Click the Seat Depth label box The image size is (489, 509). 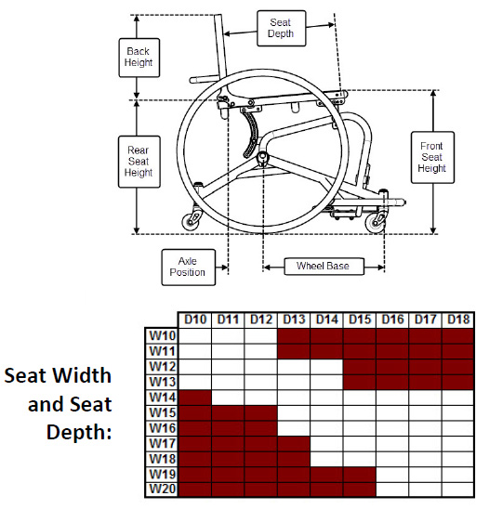coord(281,28)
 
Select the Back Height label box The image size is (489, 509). coord(138,57)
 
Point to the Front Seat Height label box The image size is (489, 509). coord(430,156)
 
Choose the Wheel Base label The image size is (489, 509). coord(323,267)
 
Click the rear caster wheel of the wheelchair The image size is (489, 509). coord(193,221)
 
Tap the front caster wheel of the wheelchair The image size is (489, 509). coord(377,222)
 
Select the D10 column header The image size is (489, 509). coord(195,320)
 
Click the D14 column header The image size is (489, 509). coord(326,320)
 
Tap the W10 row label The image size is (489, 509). coord(162,335)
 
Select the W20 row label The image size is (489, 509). coord(162,489)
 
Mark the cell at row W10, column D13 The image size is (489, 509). coord(294,335)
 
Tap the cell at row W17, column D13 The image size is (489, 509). coord(294,443)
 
